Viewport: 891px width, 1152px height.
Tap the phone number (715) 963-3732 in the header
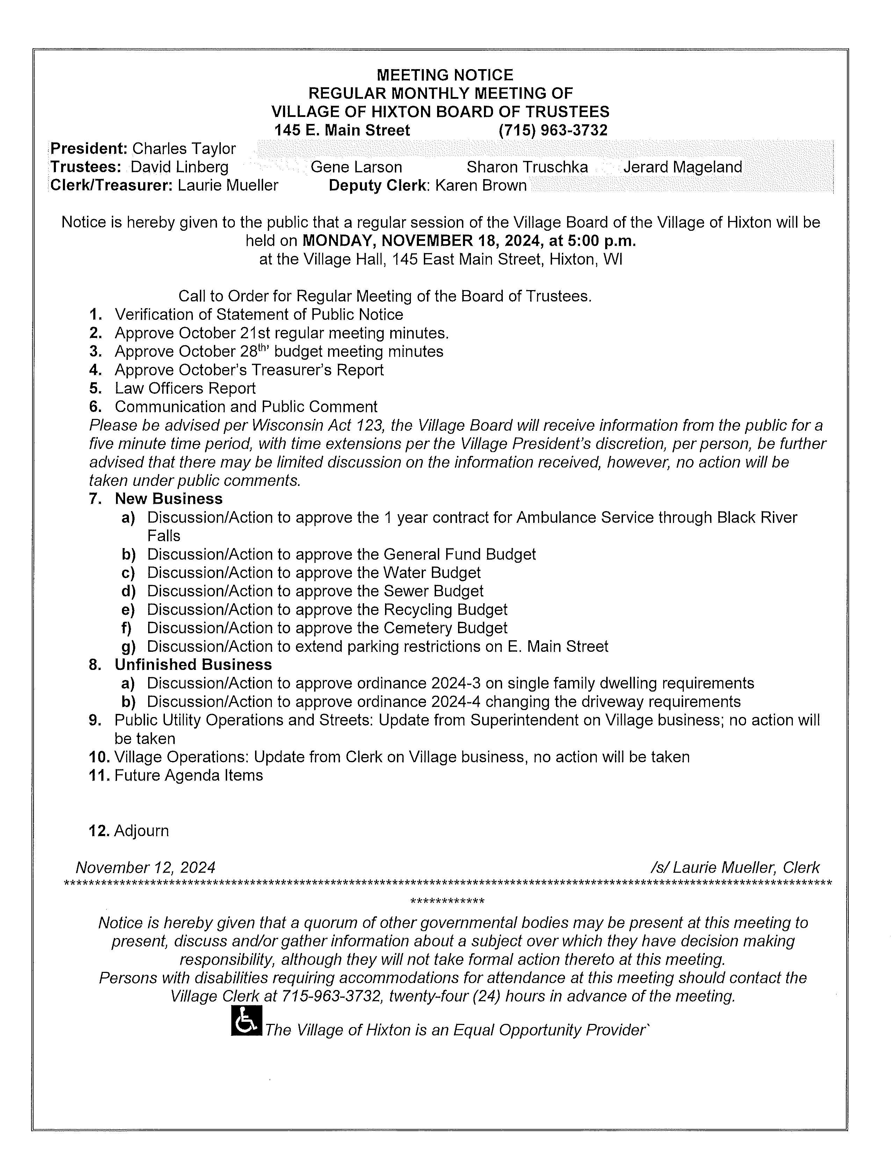pyautogui.click(x=553, y=130)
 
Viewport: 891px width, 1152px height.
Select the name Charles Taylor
pyautogui.click(x=184, y=149)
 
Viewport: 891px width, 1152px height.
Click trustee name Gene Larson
pyautogui.click(x=356, y=167)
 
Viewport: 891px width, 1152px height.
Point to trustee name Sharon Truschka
pyautogui.click(x=527, y=167)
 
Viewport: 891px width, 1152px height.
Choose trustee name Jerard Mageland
pyautogui.click(x=682, y=167)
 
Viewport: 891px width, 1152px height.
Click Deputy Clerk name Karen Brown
pyautogui.click(x=481, y=186)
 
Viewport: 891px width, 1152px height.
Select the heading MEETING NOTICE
pyautogui.click(x=445, y=75)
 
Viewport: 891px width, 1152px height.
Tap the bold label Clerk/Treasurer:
pyautogui.click(x=111, y=186)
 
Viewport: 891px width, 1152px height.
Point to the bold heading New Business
pyautogui.click(x=168, y=499)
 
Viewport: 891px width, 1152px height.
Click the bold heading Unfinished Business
pyautogui.click(x=193, y=665)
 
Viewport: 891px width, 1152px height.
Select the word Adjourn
pyautogui.click(x=142, y=831)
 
